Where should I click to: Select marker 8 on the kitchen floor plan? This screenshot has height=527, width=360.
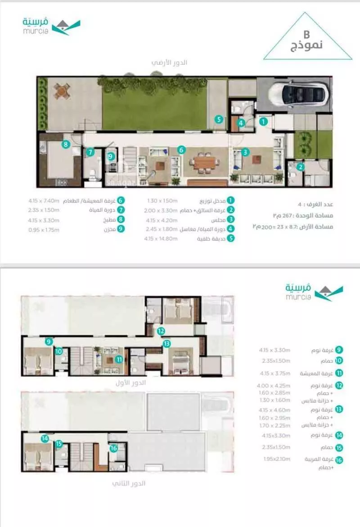(x=66, y=144)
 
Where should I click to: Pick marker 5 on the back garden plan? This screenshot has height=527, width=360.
(x=218, y=120)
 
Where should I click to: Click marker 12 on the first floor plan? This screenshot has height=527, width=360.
(x=161, y=331)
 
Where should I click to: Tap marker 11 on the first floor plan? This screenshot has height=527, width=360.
(x=119, y=359)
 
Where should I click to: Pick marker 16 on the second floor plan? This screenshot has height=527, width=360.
(x=113, y=447)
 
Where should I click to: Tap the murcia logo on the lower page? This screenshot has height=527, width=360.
(x=313, y=291)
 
